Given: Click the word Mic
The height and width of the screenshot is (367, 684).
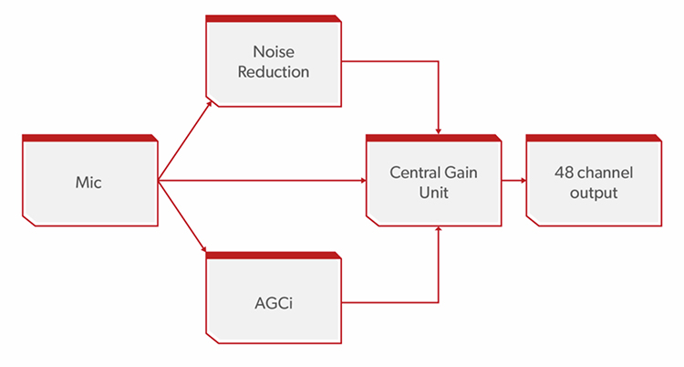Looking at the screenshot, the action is tap(88, 183).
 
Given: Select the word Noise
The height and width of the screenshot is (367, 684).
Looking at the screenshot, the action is tap(274, 52).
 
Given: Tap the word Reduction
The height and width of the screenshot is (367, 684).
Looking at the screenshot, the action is tap(274, 71).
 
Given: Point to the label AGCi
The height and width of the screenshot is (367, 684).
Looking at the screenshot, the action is tap(274, 303).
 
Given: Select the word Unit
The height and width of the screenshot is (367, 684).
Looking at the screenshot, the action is tap(433, 193).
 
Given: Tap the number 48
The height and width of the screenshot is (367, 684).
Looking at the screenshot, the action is tap(564, 173).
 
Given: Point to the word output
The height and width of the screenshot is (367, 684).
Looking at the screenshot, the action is tap(594, 194).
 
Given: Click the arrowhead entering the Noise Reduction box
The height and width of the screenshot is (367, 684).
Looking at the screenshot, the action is tap(210, 104).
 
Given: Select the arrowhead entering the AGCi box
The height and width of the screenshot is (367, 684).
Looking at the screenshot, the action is tap(203, 249).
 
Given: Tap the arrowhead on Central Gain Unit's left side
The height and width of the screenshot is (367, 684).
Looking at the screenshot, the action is tap(363, 181).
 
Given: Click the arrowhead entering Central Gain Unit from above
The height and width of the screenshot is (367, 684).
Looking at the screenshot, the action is tap(439, 131).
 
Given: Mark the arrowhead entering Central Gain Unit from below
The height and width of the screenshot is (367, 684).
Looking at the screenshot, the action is tap(439, 229).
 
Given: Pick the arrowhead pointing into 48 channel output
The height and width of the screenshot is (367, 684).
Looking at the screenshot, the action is tap(523, 181).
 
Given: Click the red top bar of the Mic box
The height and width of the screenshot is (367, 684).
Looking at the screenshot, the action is tap(90, 138).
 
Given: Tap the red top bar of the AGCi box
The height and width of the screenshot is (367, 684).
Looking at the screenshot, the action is tap(274, 256).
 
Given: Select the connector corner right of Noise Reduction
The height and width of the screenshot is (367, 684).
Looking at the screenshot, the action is tap(438, 61).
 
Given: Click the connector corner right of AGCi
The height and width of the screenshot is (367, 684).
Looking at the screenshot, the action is tap(438, 302).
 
